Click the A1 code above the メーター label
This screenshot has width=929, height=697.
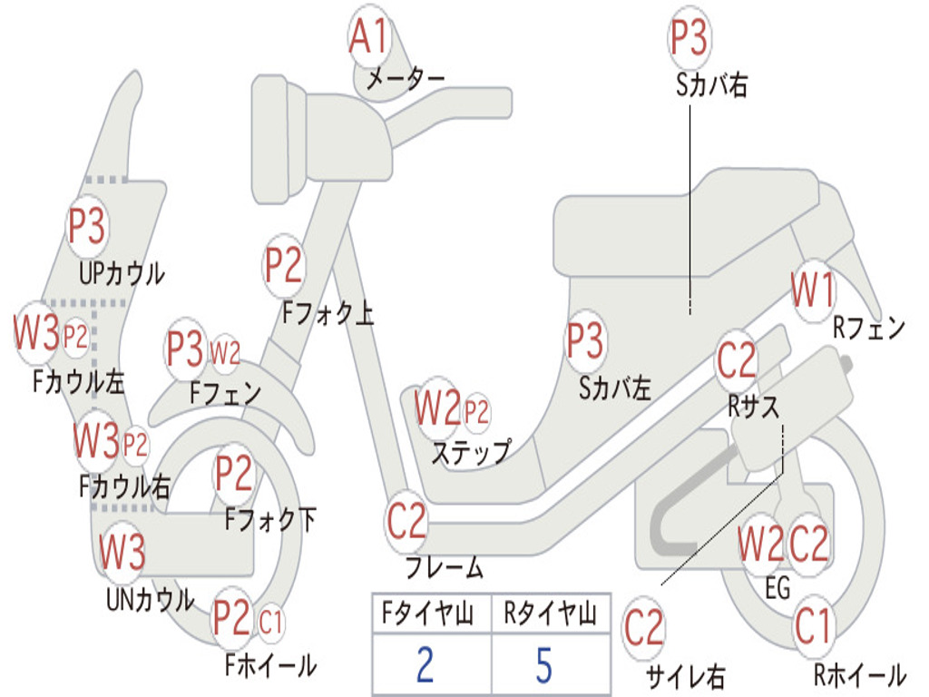click(x=369, y=37)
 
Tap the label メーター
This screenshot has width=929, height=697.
click(x=405, y=80)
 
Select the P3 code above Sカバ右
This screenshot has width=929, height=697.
click(x=689, y=38)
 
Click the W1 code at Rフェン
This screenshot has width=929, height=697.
click(x=813, y=291)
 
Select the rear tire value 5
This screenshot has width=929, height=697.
click(x=543, y=665)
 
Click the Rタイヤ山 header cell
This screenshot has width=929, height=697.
click(x=550, y=615)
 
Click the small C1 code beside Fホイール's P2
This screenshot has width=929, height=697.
click(x=270, y=623)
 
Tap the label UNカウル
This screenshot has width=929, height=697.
click(x=150, y=600)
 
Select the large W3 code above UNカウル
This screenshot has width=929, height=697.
click(x=122, y=552)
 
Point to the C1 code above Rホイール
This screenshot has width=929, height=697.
click(x=812, y=626)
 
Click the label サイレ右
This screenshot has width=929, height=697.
click(x=685, y=676)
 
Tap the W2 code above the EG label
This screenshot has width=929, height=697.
click(x=760, y=545)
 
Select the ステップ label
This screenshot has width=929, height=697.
click(x=471, y=452)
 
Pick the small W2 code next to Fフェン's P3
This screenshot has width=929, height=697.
click(x=225, y=352)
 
